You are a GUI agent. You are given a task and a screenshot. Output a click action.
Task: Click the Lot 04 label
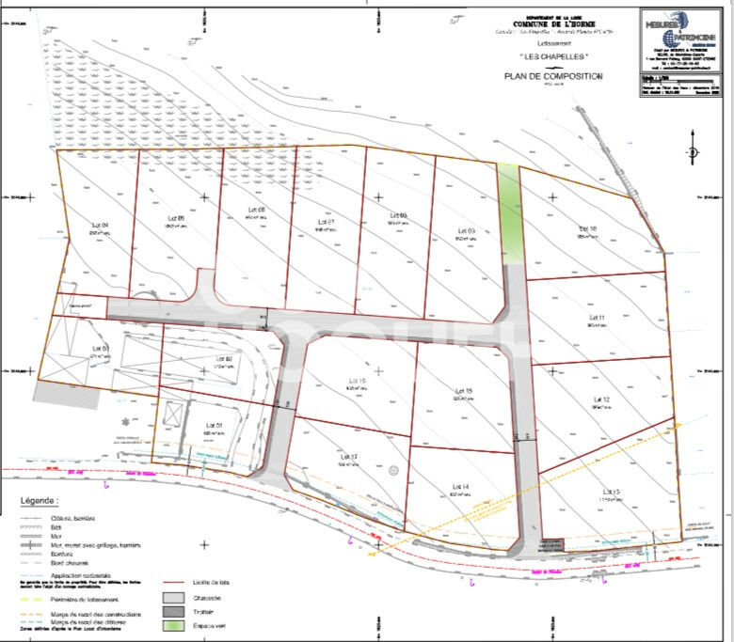pyautogui.click(x=100, y=225)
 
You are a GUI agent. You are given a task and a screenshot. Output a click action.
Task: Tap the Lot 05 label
pyautogui.click(x=175, y=219)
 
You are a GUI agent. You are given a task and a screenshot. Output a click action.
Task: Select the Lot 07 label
pyautogui.click(x=325, y=221)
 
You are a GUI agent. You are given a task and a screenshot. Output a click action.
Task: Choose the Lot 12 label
pyautogui.click(x=600, y=400)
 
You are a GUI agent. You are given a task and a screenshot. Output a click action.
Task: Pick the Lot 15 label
pyautogui.click(x=463, y=390)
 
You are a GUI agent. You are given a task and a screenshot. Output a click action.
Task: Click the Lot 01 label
pyautogui.click(x=215, y=426)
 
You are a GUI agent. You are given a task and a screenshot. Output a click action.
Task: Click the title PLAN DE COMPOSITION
pyautogui.click(x=552, y=76)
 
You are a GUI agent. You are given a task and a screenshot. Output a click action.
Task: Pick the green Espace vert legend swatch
pyautogui.click(x=174, y=626)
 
